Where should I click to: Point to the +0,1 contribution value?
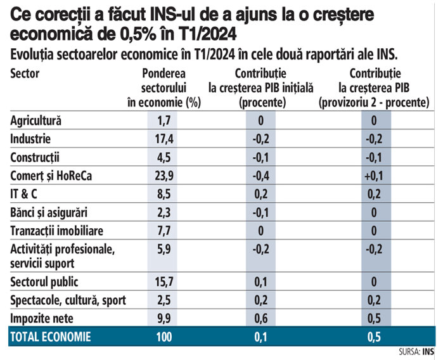point(375,176)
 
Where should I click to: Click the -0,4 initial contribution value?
point(260,176)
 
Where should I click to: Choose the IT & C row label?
point(24,195)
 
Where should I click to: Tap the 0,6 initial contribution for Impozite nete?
point(260,318)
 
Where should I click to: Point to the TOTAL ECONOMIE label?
point(51,337)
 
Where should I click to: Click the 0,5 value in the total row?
point(375,337)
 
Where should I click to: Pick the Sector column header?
point(25,73)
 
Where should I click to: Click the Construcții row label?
point(37,157)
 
